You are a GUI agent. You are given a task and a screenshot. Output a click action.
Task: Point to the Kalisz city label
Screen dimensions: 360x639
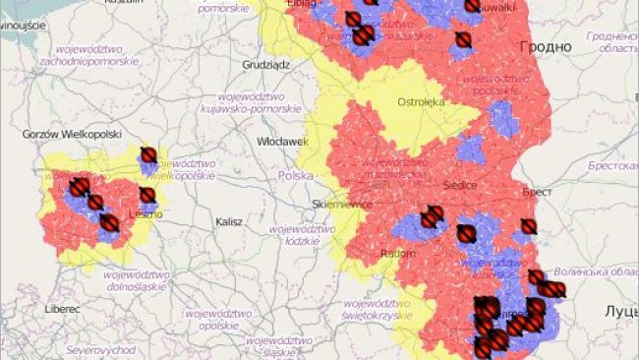(229, 222)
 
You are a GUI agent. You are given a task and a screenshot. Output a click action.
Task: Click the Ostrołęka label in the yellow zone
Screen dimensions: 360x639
(422, 101)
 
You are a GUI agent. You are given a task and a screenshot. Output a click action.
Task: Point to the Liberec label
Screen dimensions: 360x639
(61, 308)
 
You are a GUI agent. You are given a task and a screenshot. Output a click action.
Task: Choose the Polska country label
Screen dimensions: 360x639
(295, 175)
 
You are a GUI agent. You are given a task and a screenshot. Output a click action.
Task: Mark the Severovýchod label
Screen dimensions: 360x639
(95, 349)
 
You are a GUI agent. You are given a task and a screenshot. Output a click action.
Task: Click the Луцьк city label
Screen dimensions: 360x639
(621, 310)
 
